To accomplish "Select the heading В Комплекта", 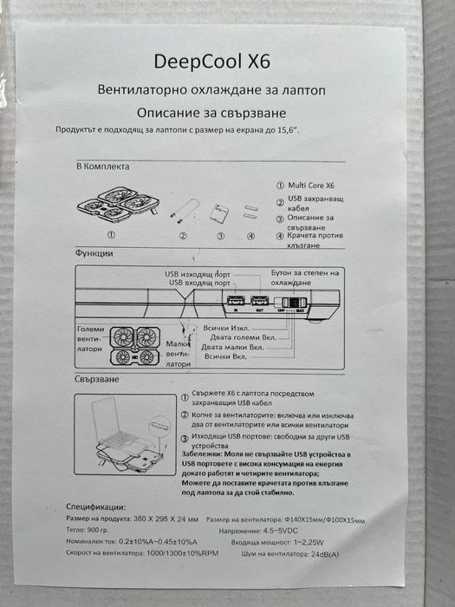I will click(103, 166).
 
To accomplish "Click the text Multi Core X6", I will click(313, 186).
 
